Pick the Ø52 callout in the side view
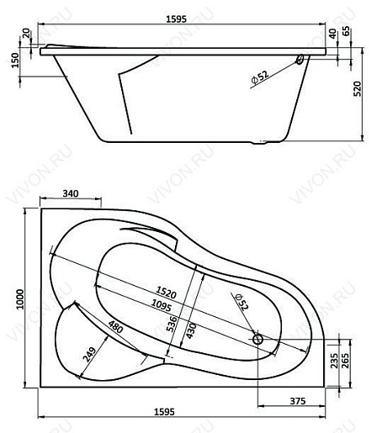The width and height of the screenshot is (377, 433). coord(260,76)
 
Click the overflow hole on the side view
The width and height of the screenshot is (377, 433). coord(300,61)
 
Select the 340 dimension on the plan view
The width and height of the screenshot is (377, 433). coord(72,194)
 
